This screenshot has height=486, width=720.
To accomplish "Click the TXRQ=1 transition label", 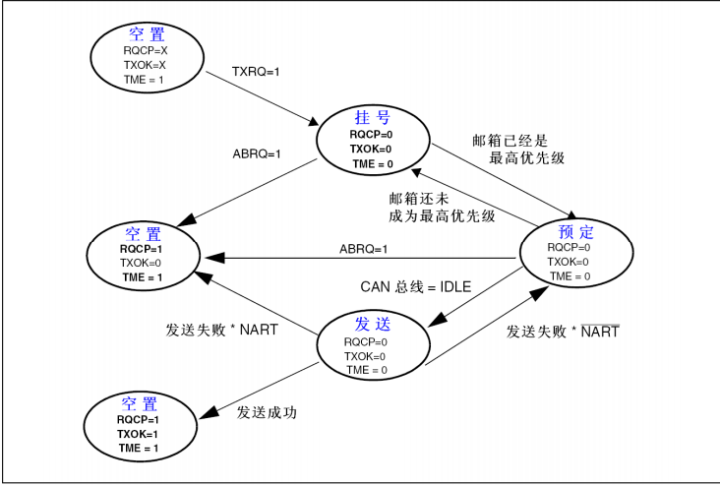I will (x=257, y=72).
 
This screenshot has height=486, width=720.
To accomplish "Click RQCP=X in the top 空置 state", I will (x=146, y=48).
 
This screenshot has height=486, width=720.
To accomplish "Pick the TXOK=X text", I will (x=146, y=63).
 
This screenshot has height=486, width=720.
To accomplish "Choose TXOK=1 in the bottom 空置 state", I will (x=139, y=434).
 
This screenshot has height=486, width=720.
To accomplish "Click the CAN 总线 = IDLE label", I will (x=413, y=286).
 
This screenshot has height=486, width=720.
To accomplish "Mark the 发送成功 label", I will (x=267, y=412).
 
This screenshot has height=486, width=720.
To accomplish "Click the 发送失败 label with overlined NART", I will (x=563, y=332).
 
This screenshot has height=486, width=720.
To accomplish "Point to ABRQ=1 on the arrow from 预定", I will (x=363, y=249).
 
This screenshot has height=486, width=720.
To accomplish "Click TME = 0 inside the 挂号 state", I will (x=372, y=163).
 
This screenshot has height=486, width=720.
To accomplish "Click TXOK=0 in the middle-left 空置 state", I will (x=141, y=264).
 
